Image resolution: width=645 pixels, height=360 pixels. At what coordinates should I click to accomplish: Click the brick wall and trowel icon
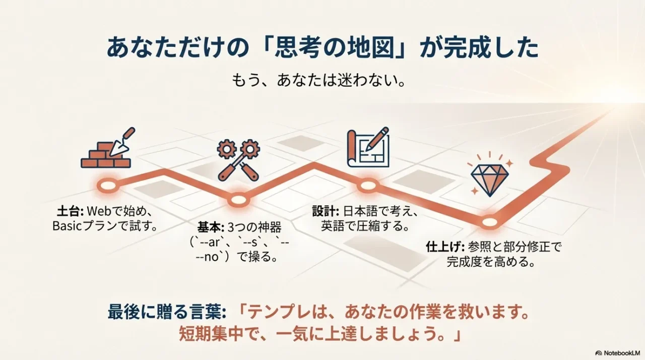click(107, 148)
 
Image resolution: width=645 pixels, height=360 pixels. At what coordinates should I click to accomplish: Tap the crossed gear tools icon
click(238, 160)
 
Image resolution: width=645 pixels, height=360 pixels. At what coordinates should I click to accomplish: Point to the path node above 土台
click(107, 186)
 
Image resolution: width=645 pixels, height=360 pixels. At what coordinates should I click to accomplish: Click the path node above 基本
click(238, 200)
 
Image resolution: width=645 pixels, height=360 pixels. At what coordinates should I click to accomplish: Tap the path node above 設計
click(368, 186)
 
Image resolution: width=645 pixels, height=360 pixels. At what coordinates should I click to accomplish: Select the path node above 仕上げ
click(489, 222)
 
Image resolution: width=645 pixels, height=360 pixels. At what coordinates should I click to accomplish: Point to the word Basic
click(67, 226)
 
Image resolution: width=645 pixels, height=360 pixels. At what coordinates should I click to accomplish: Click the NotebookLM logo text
click(620, 353)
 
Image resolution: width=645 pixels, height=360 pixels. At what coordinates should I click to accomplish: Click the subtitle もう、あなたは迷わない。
click(318, 81)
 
